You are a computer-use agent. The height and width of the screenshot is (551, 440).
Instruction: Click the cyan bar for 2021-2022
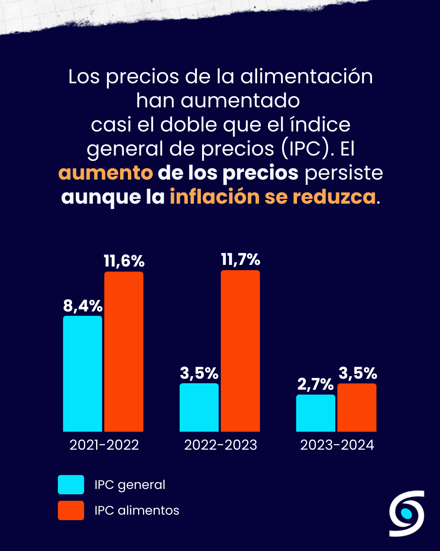(x=83, y=373)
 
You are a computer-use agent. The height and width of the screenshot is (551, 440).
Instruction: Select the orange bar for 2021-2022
(x=124, y=351)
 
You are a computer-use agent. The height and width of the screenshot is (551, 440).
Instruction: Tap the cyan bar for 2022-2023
(x=199, y=407)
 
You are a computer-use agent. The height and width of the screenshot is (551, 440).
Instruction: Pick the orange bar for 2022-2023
(x=240, y=351)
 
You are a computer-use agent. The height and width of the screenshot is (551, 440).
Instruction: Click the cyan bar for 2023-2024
(x=316, y=413)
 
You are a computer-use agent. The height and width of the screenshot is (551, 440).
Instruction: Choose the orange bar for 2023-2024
(x=357, y=407)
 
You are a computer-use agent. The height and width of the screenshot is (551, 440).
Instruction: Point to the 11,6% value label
(x=124, y=261)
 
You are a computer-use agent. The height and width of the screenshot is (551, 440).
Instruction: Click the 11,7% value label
(x=240, y=260)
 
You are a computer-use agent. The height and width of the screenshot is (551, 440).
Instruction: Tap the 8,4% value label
(x=83, y=306)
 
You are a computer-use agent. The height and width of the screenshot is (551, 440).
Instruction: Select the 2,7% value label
(x=315, y=384)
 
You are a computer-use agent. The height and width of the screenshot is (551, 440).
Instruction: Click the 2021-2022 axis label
(x=104, y=445)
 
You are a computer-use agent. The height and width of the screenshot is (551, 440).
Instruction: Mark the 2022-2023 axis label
(x=221, y=445)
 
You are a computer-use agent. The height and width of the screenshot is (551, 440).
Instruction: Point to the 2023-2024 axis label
(x=337, y=445)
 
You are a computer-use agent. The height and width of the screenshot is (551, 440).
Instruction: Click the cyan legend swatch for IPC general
(x=71, y=484)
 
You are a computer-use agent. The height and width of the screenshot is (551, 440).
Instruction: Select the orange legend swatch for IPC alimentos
(x=71, y=510)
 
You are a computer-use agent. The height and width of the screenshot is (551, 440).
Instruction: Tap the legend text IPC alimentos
(x=137, y=511)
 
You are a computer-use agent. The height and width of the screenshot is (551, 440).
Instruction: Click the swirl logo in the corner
(x=407, y=513)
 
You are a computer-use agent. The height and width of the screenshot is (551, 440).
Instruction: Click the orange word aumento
(x=106, y=173)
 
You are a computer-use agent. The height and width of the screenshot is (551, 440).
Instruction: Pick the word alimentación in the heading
(x=306, y=77)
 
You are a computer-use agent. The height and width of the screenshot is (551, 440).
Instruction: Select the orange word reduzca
(x=334, y=197)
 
